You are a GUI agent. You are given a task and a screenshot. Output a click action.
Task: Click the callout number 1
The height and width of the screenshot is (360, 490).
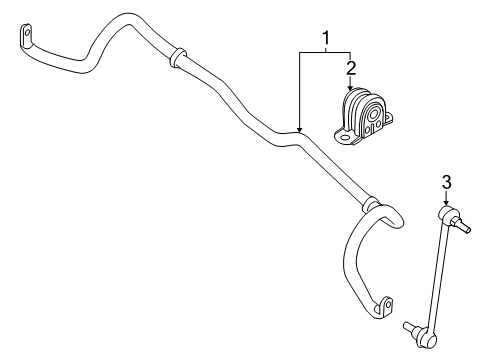(x=325, y=40)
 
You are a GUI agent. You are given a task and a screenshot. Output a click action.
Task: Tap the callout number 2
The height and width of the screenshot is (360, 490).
(x=351, y=68)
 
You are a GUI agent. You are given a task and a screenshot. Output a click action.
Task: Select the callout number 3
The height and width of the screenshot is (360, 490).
(x=447, y=181)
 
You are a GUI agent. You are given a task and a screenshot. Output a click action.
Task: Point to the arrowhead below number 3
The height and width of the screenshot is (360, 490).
(x=447, y=204)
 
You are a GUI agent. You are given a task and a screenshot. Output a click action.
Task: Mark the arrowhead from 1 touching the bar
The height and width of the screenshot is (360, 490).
(x=299, y=131)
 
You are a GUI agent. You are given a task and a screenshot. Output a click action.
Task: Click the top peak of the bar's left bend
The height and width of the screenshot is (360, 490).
(x=125, y=17)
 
